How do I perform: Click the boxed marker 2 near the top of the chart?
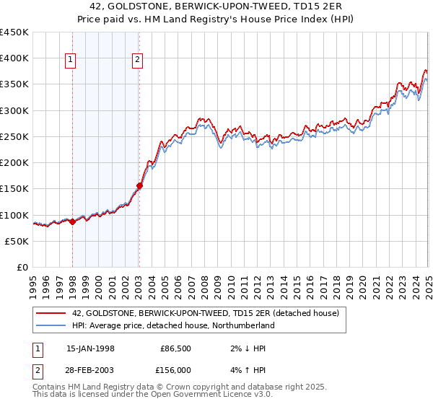[137, 61]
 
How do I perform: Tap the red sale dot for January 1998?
[72, 222]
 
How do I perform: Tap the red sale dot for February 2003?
[139, 185]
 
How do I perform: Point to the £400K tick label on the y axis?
[14, 58]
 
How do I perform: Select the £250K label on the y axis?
[14, 136]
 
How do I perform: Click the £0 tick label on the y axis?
[22, 267]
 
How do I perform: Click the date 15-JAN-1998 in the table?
[89, 348]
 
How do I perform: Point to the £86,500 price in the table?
[176, 348]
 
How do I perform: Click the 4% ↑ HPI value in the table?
[242, 369]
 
